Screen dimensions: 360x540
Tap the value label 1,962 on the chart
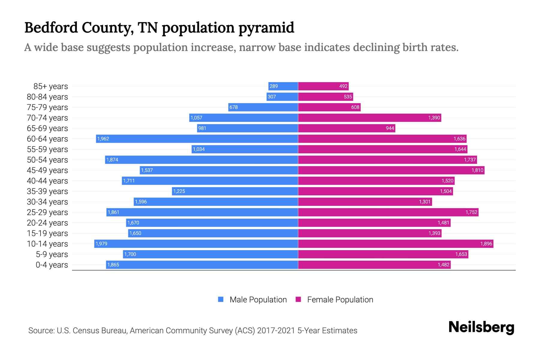pyautogui.click(x=103, y=139)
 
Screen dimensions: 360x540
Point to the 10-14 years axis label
pyautogui.click(x=47, y=244)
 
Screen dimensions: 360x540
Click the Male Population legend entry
pyautogui.click(x=258, y=300)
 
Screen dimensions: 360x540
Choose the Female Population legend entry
pyautogui.click(x=340, y=300)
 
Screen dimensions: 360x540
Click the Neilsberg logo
pyautogui.click(x=481, y=327)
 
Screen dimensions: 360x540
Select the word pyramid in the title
pyautogui.click(x=266, y=28)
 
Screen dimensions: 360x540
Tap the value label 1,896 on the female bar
pyautogui.click(x=486, y=244)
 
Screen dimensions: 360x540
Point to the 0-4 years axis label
pyautogui.click(x=52, y=265)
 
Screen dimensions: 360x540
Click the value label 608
pyautogui.click(x=355, y=107)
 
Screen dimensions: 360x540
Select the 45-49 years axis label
pyautogui.click(x=47, y=170)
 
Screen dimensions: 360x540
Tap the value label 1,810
pyautogui.click(x=477, y=170)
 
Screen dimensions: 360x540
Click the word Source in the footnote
pyautogui.click(x=41, y=331)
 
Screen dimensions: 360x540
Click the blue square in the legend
pyautogui.click(x=221, y=299)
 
